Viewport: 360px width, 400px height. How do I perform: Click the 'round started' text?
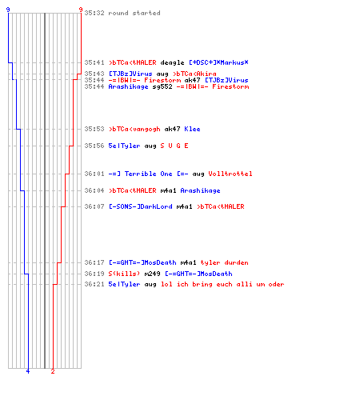[x=134, y=13]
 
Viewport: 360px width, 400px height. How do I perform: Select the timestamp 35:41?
[x=94, y=62]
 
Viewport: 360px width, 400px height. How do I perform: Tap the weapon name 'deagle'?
[x=172, y=62]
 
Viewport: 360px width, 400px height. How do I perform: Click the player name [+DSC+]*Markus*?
[x=218, y=62]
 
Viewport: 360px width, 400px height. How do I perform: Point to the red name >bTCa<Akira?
[x=194, y=74]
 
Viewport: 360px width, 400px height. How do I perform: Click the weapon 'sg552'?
[x=162, y=86]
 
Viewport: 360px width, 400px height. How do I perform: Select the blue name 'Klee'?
[x=192, y=129]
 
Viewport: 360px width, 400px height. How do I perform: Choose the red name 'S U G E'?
[x=174, y=146]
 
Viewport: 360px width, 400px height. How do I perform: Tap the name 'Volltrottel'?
[x=230, y=174]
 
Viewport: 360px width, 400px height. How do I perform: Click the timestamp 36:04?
[x=94, y=190]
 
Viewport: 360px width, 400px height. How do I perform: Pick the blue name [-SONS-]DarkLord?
[x=141, y=206]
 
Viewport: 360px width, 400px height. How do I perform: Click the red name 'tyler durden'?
[x=224, y=262]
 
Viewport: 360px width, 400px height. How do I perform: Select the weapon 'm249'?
[x=152, y=274]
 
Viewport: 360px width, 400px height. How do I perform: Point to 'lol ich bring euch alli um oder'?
[x=222, y=284]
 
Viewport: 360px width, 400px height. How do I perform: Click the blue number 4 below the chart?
[x=28, y=371]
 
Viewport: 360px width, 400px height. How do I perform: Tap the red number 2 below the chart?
[x=53, y=371]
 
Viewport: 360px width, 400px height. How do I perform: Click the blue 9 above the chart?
[x=8, y=10]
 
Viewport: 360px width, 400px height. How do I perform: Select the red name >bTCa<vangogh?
[x=134, y=129]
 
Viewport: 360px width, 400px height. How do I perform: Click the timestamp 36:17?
[x=94, y=262]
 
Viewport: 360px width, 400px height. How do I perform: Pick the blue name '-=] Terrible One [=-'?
[x=148, y=174]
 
